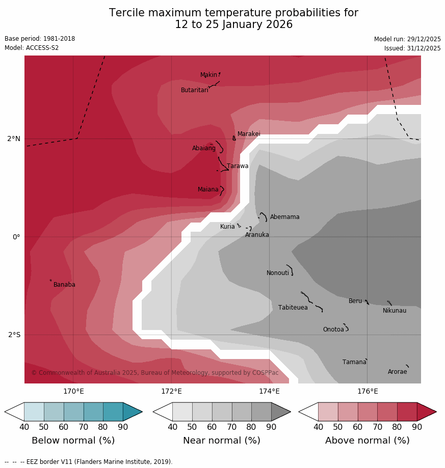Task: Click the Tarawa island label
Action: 238,166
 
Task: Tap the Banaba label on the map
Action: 64,285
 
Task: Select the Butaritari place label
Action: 194,90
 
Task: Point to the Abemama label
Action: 284,217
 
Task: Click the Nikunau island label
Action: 395,311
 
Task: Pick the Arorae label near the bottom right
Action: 397,372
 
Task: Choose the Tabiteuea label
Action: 293,308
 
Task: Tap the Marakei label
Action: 249,134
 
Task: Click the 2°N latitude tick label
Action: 14,139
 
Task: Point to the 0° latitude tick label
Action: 16,237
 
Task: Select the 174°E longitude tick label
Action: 269,392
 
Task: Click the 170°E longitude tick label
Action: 73,392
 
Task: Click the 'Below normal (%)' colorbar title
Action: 73,441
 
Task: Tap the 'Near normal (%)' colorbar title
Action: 222,441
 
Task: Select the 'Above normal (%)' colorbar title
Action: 368,441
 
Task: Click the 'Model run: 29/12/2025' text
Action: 407,39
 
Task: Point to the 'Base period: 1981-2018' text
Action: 40,39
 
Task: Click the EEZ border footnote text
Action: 88,462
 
